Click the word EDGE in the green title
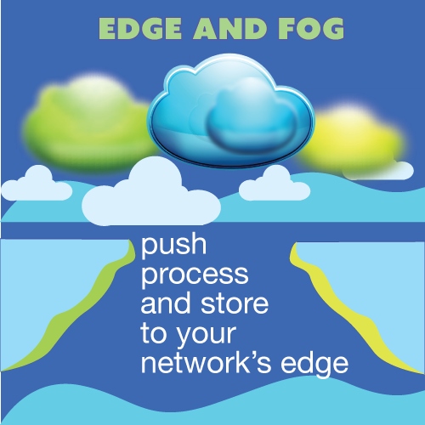pos(140,29)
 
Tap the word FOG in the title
pos(311,29)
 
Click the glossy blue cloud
pos(231,110)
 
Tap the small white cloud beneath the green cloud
pos(37,184)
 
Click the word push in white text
pos(173,245)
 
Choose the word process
pos(195,275)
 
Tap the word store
pos(235,303)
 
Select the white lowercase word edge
pos(314,365)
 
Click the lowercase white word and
pos(166,303)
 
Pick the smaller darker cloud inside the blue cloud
pos(252,121)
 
